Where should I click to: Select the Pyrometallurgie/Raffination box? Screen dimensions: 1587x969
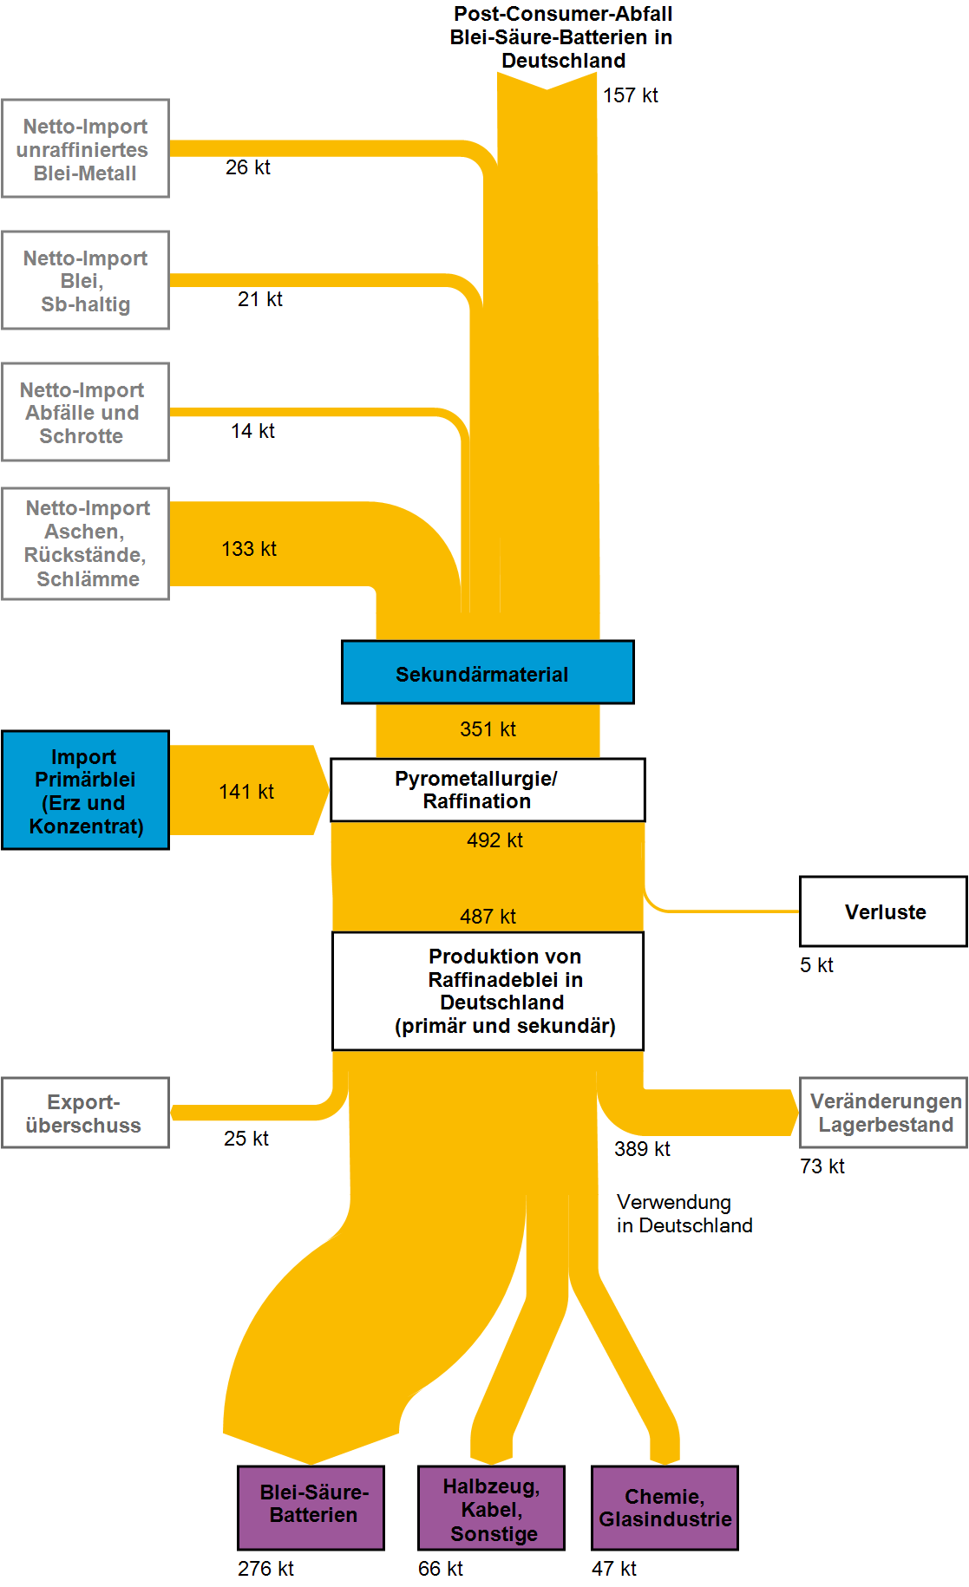tap(488, 790)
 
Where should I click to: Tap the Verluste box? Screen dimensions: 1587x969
tap(883, 911)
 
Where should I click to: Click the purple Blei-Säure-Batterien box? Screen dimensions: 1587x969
tap(311, 1508)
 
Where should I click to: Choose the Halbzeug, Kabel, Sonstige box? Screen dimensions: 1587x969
tap(491, 1508)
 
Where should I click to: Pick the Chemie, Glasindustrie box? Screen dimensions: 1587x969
tap(665, 1508)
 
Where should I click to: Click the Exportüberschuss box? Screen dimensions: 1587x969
tap(85, 1113)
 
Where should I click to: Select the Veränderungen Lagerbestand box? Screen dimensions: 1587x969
tap(883, 1113)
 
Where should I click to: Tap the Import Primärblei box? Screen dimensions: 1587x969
tap(85, 790)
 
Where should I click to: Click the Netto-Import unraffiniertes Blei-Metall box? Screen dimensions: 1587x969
tap(85, 148)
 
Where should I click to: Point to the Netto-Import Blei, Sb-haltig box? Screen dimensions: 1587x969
tap(85, 280)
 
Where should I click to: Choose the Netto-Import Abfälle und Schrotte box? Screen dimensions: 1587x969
tap(85, 412)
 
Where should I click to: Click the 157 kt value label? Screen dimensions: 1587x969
tap(631, 95)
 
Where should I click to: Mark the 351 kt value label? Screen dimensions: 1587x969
tap(488, 729)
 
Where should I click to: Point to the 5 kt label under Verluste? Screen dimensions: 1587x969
tap(816, 965)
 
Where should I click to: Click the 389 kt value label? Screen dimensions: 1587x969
tap(642, 1149)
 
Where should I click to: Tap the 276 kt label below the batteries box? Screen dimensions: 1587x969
tap(265, 1569)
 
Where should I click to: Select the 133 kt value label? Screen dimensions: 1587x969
tap(249, 549)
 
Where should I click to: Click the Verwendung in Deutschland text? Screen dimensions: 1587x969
tap(684, 1213)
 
